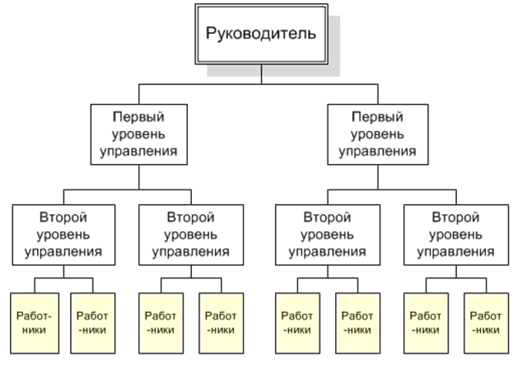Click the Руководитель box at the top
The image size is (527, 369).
262,34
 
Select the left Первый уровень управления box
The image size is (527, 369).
139,134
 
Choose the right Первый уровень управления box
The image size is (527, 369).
378,134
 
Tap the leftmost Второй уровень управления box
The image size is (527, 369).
64,235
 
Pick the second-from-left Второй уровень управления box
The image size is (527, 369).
191,235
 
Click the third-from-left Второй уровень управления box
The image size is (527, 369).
328,235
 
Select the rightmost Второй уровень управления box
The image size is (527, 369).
456,235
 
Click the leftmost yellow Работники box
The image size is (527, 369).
35,324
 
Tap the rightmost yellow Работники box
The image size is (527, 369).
487,324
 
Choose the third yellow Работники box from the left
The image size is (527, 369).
161,324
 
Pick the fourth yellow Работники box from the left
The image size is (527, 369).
222,324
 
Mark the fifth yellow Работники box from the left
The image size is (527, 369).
297,324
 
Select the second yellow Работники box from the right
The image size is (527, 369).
426,324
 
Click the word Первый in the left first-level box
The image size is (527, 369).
138,117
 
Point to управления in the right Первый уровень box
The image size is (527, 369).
377,152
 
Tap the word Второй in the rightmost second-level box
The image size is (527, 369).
455,217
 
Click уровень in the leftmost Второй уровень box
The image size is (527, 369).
63,235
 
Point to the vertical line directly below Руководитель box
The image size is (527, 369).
262,74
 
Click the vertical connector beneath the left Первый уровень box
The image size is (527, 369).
139,177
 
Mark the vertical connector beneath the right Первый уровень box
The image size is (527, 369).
378,177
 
